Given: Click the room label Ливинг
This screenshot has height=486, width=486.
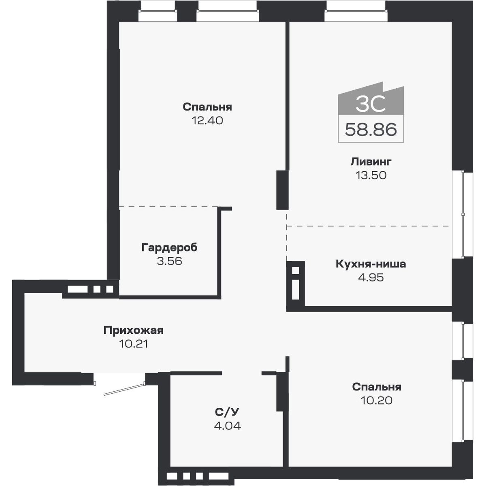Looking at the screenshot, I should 371,162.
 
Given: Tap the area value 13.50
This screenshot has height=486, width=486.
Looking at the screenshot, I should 371,175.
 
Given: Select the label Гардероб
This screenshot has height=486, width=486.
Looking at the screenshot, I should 169,247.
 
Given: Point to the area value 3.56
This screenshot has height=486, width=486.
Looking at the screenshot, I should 169,261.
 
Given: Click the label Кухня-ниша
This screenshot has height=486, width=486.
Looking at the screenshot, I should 371,264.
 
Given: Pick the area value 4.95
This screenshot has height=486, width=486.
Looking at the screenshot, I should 371,278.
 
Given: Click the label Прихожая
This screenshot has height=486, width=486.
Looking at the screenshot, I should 133,330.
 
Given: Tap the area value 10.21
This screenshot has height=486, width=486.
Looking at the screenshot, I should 133,344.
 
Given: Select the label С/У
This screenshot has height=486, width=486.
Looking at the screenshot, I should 227,412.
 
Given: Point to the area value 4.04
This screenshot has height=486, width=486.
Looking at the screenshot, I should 227,426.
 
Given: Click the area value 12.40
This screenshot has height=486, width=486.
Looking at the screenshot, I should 207,121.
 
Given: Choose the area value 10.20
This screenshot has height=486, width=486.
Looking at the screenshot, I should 376,401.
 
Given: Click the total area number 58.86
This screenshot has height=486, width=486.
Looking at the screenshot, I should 371,130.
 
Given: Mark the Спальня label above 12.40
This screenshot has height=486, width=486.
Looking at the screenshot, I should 207,107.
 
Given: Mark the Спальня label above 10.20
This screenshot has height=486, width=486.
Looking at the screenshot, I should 376,387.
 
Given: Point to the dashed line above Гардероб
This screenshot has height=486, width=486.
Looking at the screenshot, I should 168,207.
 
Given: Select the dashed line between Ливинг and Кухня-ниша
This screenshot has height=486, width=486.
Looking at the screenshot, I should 369,226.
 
